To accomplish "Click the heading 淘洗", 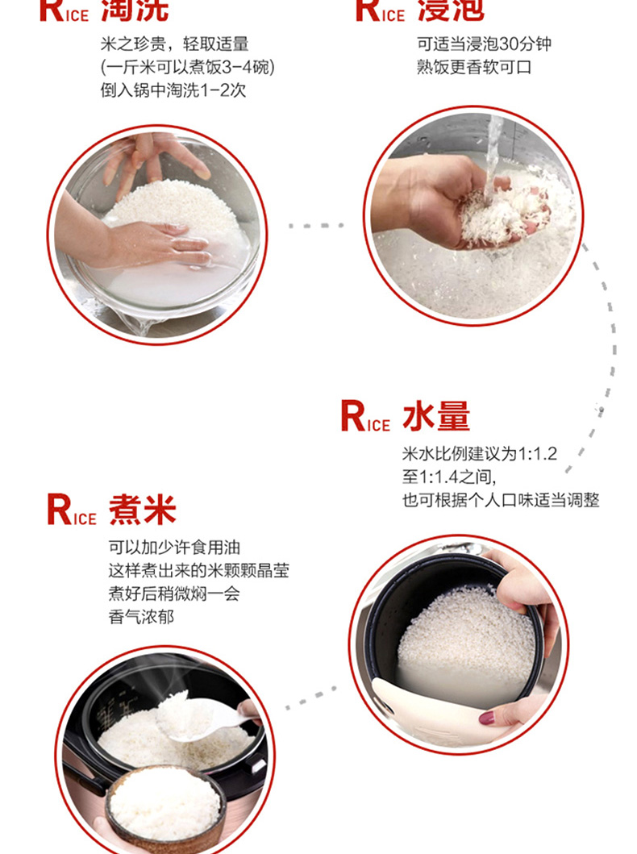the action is pyautogui.click(x=135, y=10).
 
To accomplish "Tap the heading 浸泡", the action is pyautogui.click(x=451, y=10).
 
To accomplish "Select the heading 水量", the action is pyautogui.click(x=436, y=417).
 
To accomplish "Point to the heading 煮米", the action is pyautogui.click(x=142, y=510).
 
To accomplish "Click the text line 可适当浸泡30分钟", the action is pyautogui.click(x=484, y=44).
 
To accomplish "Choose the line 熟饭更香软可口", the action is pyautogui.click(x=473, y=67).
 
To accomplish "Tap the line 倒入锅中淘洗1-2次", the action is pyautogui.click(x=173, y=90).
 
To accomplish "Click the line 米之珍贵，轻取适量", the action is pyautogui.click(x=174, y=44).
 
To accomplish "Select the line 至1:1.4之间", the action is pyautogui.click(x=449, y=477).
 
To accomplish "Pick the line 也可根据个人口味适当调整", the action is pyautogui.click(x=501, y=500).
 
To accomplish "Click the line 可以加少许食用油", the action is pyautogui.click(x=174, y=548).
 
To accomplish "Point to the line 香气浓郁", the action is pyautogui.click(x=141, y=617).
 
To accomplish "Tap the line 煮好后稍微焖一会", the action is pyautogui.click(x=174, y=593).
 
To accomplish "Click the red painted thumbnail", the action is pyautogui.click(x=486, y=719).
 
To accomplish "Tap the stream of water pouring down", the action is pyautogui.click(x=493, y=158).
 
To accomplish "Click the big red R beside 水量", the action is pyautogui.click(x=353, y=417).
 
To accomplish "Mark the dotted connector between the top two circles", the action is pyautogui.click(x=316, y=225).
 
